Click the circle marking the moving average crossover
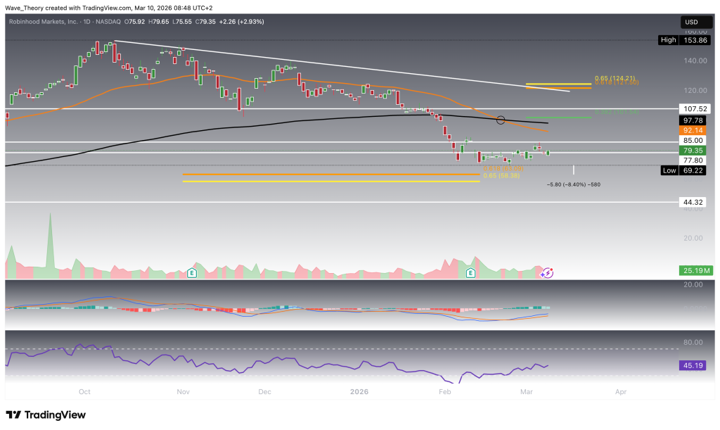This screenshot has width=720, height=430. click(501, 120)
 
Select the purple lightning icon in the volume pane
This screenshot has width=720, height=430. click(547, 272)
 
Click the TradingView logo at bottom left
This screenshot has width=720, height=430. click(45, 415)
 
